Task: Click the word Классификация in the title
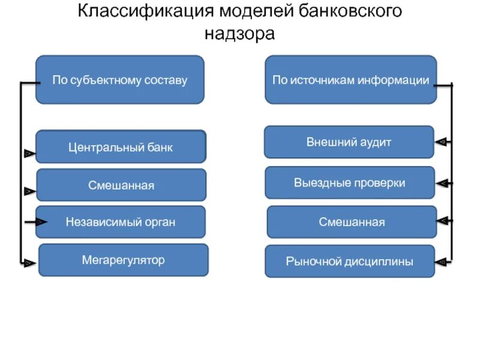(x=139, y=11)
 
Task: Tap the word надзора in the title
(x=239, y=34)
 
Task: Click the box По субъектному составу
(x=120, y=80)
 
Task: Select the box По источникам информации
(x=350, y=80)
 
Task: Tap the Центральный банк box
(x=121, y=147)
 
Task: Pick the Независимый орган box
(x=121, y=222)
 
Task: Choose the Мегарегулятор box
(x=123, y=260)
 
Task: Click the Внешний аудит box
(x=349, y=142)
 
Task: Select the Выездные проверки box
(x=349, y=182)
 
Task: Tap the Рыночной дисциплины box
(x=349, y=261)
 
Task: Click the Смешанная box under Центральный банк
(x=121, y=185)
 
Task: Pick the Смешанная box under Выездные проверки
(x=352, y=222)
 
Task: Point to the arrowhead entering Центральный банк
(x=28, y=154)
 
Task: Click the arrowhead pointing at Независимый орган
(x=40, y=222)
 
